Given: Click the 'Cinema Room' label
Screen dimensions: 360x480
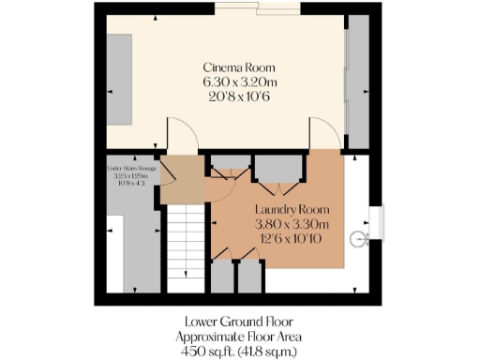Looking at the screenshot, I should (x=239, y=67).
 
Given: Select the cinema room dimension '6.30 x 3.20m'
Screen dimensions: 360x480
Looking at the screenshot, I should (x=239, y=82).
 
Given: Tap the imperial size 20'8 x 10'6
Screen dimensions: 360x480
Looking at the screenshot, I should (x=239, y=96).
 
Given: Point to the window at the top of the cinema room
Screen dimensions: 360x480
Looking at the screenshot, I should (x=258, y=8).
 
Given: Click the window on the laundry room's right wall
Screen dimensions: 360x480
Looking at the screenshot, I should (x=376, y=222).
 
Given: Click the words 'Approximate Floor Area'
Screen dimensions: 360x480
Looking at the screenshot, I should (x=239, y=336).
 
